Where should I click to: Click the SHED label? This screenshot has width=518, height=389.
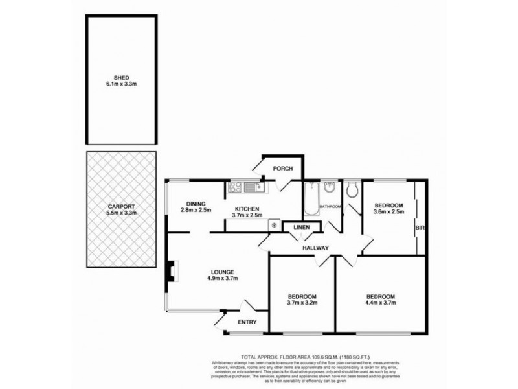(x=121, y=75)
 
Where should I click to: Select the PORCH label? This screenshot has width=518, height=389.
(x=282, y=169)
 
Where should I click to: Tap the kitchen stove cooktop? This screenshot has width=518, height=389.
(x=235, y=189)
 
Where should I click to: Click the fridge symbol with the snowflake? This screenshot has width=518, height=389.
(x=273, y=226)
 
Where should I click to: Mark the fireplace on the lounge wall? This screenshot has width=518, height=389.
(x=170, y=271)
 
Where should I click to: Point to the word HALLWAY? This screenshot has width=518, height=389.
(x=315, y=248)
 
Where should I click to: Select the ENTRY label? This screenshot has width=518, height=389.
(x=247, y=322)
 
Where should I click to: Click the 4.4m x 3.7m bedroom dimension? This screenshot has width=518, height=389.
(x=380, y=303)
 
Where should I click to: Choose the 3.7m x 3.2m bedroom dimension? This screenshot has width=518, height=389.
(x=302, y=303)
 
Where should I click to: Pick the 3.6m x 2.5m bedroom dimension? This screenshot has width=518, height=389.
(x=388, y=211)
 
